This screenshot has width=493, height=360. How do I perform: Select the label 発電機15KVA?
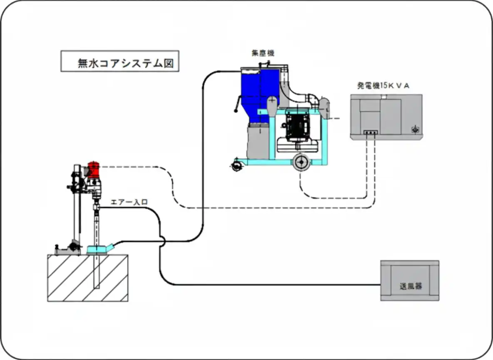[x=383, y=86]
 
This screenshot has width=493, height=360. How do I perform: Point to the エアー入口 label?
[x=129, y=202]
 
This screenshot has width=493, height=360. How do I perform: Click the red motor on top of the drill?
[x=94, y=169]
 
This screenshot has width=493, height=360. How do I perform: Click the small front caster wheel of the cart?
[x=236, y=165]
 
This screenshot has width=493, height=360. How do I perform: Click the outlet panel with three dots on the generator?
[x=370, y=132]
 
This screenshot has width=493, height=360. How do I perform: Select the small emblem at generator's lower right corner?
[x=414, y=130]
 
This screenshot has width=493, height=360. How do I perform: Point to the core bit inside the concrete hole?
[x=97, y=271]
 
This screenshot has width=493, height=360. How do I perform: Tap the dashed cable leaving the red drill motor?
[x=133, y=167]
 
